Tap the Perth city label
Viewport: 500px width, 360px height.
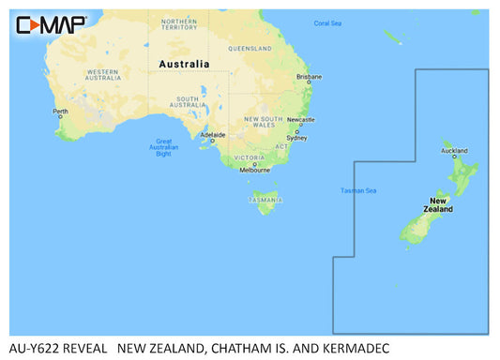pyautogui.click(x=61, y=112)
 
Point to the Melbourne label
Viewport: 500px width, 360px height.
pyautogui.click(x=254, y=170)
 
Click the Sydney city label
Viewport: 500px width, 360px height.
pyautogui.click(x=295, y=138)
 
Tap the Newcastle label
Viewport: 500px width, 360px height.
pyautogui.click(x=300, y=120)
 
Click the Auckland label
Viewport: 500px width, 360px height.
pyautogui.click(x=455, y=151)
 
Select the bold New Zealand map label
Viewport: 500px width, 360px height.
pyautogui.click(x=441, y=205)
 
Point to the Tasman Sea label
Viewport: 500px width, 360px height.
pyautogui.click(x=357, y=191)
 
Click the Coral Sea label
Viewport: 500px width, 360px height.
pyautogui.click(x=327, y=22)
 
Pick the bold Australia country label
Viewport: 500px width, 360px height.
pyautogui.click(x=187, y=64)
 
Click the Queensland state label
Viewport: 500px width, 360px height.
pyautogui.click(x=249, y=48)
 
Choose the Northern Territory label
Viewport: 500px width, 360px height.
pyautogui.click(x=179, y=23)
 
